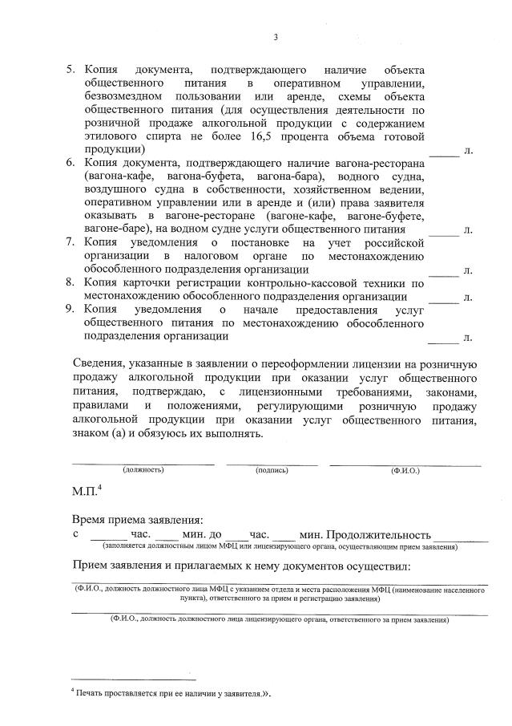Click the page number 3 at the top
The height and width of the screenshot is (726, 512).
276,37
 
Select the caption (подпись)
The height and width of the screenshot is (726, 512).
272,470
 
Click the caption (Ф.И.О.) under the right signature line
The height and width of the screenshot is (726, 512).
405,470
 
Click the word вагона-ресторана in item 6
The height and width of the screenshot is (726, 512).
380,164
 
